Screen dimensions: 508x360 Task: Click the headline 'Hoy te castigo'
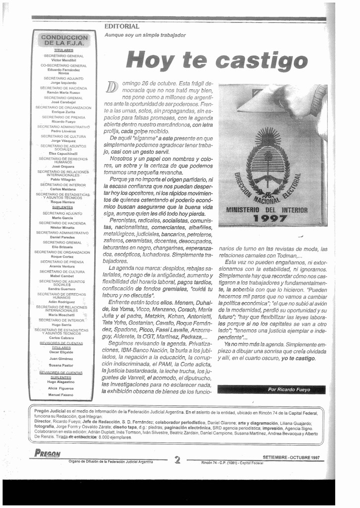pos(217,61)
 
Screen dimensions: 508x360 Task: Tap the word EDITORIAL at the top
pos(121,26)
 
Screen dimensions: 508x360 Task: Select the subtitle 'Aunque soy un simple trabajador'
pos(145,35)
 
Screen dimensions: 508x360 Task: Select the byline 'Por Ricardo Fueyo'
pos(290,389)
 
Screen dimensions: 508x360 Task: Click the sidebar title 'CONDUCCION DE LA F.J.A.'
pos(64,40)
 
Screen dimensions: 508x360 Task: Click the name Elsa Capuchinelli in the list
pos(63,154)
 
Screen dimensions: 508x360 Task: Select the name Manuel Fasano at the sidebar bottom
pos(60,395)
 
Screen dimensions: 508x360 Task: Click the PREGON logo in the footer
pos(48,453)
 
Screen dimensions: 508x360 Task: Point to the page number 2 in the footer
pos(177,459)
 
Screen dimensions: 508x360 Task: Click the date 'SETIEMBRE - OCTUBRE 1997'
pos(291,457)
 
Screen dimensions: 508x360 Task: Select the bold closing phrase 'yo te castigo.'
pos(299,358)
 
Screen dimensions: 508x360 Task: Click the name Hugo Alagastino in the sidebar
pos(61,382)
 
